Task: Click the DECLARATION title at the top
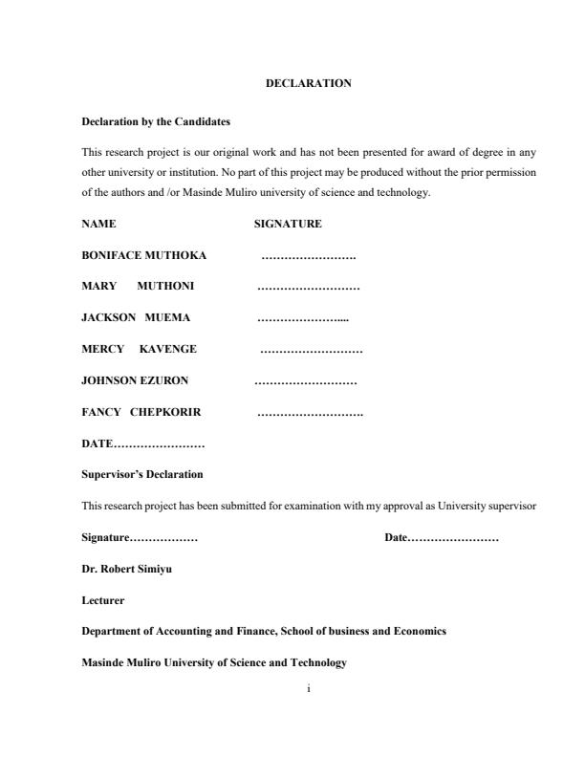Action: (x=308, y=84)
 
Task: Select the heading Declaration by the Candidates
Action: (x=156, y=122)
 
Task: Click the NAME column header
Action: (x=98, y=225)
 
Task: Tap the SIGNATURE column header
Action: (x=288, y=225)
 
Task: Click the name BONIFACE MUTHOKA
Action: (x=144, y=256)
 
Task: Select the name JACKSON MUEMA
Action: (x=137, y=318)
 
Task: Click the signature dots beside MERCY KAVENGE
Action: (x=311, y=351)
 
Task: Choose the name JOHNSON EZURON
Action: (x=135, y=381)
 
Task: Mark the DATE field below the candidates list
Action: (x=143, y=444)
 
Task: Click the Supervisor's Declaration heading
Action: (x=142, y=475)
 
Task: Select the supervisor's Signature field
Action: (x=140, y=539)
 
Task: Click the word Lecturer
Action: (x=103, y=601)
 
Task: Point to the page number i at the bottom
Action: (x=309, y=687)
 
